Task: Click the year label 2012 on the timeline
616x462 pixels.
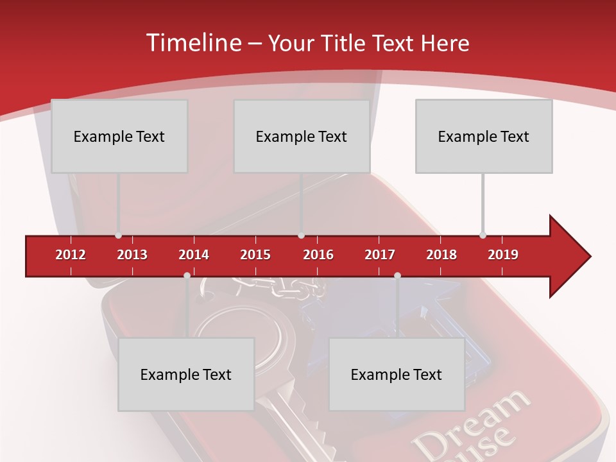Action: (71, 255)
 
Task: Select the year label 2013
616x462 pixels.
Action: (132, 255)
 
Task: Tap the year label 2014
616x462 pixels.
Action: (194, 255)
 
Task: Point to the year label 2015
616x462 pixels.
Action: (255, 255)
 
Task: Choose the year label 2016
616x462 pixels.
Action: (318, 255)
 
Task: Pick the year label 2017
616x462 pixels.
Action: (380, 255)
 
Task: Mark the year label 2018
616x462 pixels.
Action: (441, 255)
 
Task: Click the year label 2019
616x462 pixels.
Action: (503, 255)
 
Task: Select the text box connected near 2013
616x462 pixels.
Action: (119, 136)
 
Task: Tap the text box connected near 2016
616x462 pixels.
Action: (302, 136)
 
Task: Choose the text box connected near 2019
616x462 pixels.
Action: (484, 136)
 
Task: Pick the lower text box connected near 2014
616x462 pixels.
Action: (186, 374)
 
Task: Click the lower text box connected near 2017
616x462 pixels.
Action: (397, 374)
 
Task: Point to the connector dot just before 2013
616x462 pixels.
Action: (118, 235)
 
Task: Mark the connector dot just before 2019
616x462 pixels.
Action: (483, 235)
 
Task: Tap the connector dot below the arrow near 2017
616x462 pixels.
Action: (397, 275)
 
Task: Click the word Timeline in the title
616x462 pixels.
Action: (193, 43)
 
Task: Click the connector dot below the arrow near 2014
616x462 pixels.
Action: (187, 275)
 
